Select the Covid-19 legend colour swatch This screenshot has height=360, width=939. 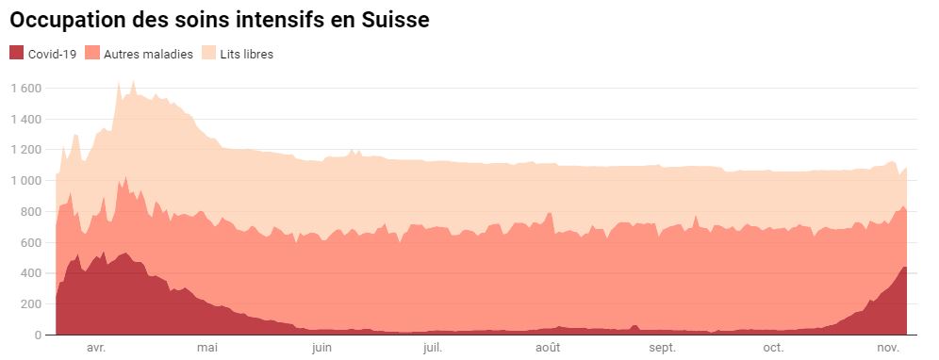pos(16,54)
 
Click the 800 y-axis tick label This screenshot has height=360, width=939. pos(30,212)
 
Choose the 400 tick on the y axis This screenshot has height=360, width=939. pos(30,273)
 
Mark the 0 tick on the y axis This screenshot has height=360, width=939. pos(38,335)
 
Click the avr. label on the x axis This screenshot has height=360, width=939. pos(95,349)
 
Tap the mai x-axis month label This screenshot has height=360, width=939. pos(207,349)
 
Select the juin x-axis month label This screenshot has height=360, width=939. pos(321,349)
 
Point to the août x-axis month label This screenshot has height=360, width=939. pos(548,349)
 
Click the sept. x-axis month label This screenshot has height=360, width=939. pos(662,349)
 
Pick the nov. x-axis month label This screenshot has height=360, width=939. pos(888,349)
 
